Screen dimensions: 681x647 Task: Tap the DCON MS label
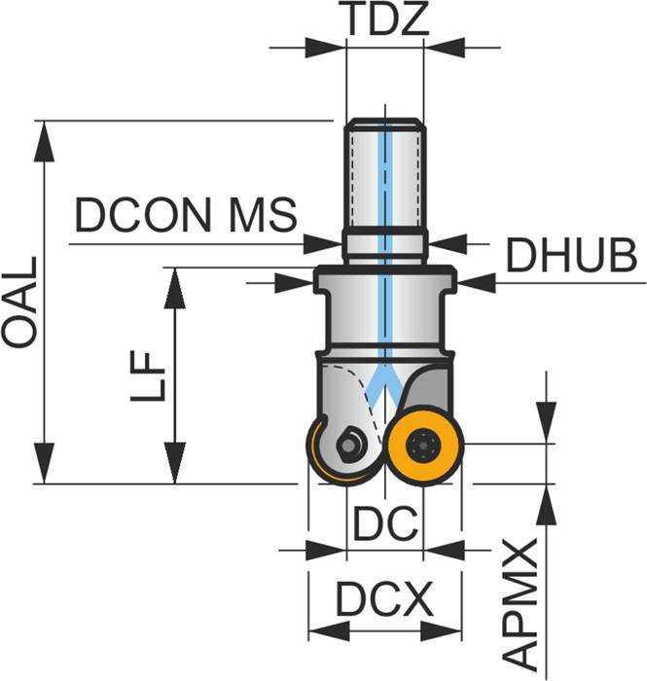pyautogui.click(x=186, y=216)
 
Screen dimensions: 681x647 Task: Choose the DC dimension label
pyautogui.click(x=385, y=525)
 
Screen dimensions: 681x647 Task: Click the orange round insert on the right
pyautogui.click(x=423, y=447)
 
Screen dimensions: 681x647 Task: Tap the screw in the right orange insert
pyautogui.click(x=423, y=447)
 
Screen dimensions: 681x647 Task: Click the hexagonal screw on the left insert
pyautogui.click(x=347, y=446)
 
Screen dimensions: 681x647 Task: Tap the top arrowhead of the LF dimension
pyautogui.click(x=174, y=287)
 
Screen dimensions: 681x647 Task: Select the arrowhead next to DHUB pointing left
pyautogui.click(x=477, y=282)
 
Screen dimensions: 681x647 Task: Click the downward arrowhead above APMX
pyautogui.click(x=547, y=424)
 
